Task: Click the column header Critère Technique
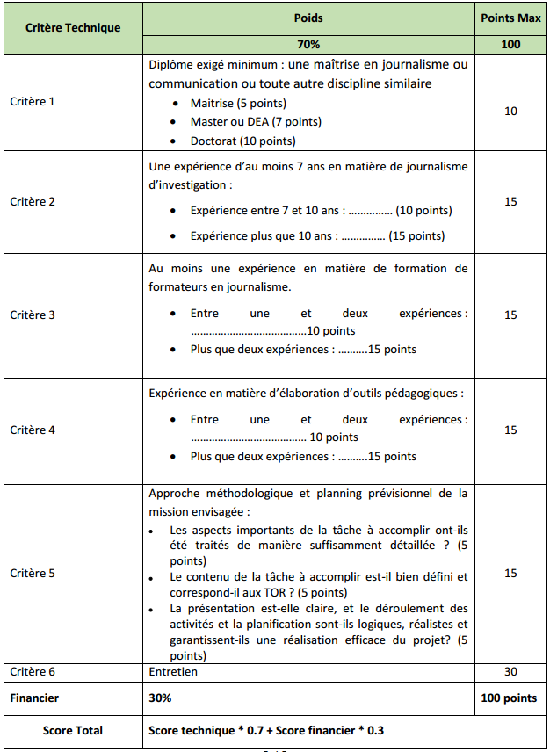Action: [x=73, y=27]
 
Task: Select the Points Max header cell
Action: [x=510, y=18]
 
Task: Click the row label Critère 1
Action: [x=33, y=102]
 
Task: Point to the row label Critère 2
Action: [x=33, y=202]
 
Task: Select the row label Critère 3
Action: [x=33, y=315]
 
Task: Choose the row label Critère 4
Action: [x=33, y=430]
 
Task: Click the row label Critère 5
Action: [x=33, y=574]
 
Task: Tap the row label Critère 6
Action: [x=33, y=672]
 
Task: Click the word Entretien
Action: [x=173, y=672]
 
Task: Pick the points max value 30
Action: [x=510, y=672]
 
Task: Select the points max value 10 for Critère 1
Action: [x=510, y=112]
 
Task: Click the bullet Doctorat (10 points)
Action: [x=242, y=141]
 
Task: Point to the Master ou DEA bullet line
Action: [x=256, y=122]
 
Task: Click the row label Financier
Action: [x=35, y=698]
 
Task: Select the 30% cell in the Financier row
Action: [x=160, y=698]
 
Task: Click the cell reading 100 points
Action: [x=510, y=698]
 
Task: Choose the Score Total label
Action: [x=73, y=731]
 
